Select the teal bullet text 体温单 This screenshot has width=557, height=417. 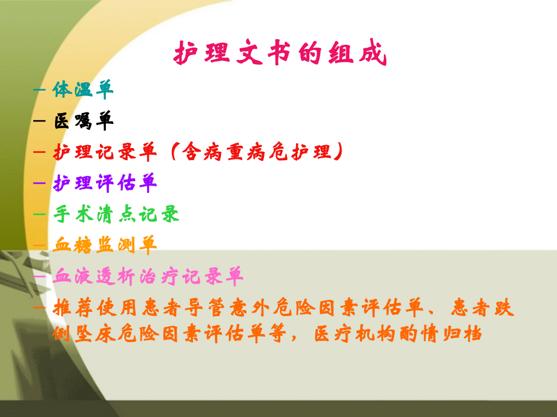click(x=83, y=90)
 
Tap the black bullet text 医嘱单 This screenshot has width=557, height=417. click(x=83, y=121)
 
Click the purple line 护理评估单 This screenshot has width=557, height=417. click(x=105, y=183)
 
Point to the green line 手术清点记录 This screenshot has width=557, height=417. click(x=116, y=214)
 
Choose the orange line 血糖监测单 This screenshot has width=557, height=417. click(x=105, y=245)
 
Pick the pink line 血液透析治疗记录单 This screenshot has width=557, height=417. click(x=148, y=277)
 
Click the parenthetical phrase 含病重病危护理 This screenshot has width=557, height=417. click(x=253, y=152)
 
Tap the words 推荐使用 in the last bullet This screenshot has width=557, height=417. click(x=94, y=309)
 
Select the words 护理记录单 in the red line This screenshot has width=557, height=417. click(x=105, y=152)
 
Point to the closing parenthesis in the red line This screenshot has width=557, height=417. click(x=338, y=152)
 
